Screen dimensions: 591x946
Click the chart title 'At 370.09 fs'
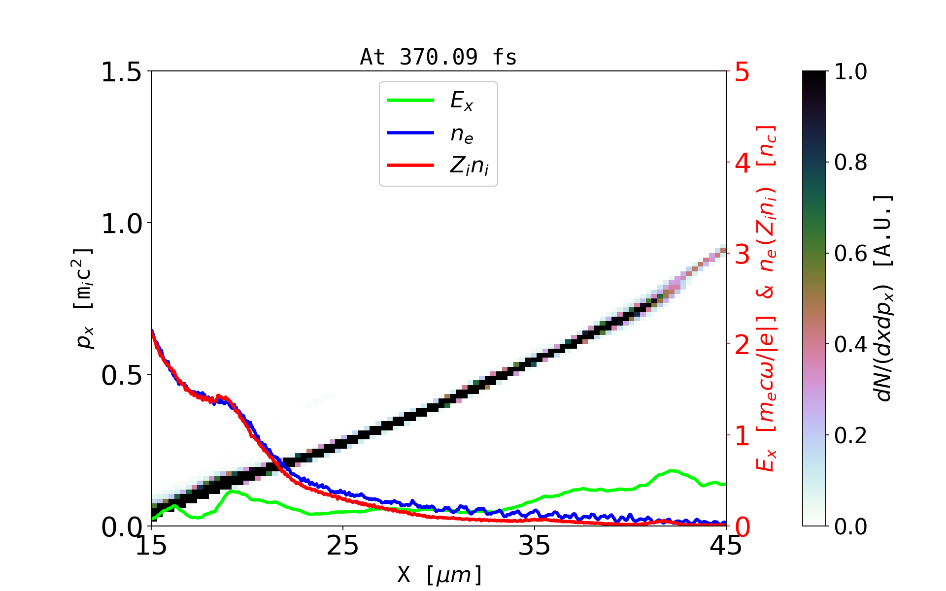tap(438, 57)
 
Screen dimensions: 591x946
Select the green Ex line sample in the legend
tap(410, 100)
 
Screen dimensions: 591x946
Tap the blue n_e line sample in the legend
tap(410, 133)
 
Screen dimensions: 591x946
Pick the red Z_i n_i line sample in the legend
tap(410, 165)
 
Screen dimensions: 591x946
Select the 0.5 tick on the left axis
tap(121, 375)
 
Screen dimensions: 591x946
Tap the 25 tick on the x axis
tap(343, 546)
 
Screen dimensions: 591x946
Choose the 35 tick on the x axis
tap(535, 546)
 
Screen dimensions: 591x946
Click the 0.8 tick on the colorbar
tap(850, 163)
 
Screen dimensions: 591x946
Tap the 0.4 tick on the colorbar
tap(850, 345)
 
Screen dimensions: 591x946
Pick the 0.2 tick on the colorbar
tap(850, 435)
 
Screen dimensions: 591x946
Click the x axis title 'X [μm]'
tap(439, 574)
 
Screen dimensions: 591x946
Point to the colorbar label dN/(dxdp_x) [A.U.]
tap(884, 298)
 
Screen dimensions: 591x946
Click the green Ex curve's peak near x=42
tap(672, 471)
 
